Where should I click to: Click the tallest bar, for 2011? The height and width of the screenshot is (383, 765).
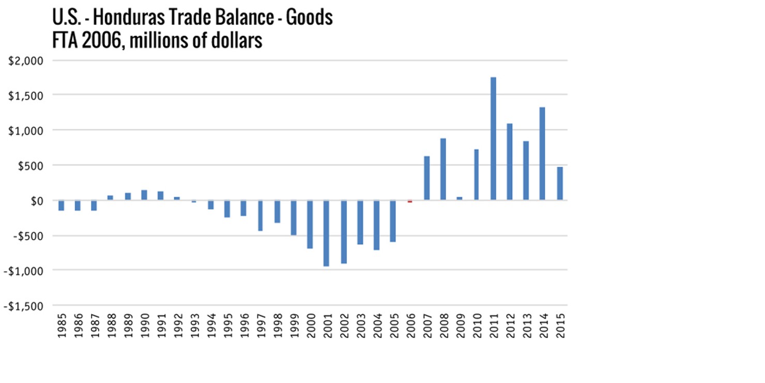point(494,139)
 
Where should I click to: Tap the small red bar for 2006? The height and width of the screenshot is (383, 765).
point(410,201)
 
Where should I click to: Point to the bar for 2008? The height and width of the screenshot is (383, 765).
point(443,169)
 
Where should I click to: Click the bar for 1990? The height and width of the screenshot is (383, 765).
point(144,195)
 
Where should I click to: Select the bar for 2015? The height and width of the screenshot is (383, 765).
point(559,184)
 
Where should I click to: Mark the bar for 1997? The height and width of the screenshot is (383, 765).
point(261,215)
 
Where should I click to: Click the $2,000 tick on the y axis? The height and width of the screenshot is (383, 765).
point(27,60)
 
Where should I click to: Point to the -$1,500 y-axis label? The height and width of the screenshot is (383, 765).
point(25,305)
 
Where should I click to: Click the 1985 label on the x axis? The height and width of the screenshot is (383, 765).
point(62,326)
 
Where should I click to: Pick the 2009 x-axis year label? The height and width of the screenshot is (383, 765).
point(460,326)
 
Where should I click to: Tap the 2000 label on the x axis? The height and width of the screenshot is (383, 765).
point(310,326)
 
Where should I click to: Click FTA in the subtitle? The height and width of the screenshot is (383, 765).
point(65,40)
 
